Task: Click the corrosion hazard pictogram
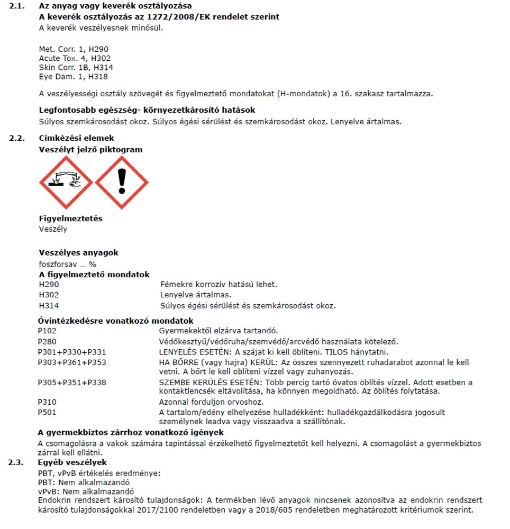pyautogui.click(x=66, y=183)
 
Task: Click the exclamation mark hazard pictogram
pyautogui.click(x=122, y=183)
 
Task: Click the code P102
pyautogui.click(x=47, y=331)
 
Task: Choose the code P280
pyautogui.click(x=47, y=342)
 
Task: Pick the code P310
pyautogui.click(x=47, y=402)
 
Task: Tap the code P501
pyautogui.click(x=47, y=412)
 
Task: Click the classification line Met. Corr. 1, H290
pyautogui.click(x=74, y=49)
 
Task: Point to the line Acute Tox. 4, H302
pyautogui.click(x=75, y=58)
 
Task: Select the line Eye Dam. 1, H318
pyautogui.click(x=73, y=77)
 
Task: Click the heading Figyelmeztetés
pyautogui.click(x=71, y=218)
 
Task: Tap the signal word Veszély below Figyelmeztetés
pyautogui.click(x=53, y=229)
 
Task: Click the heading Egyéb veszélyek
pyautogui.click(x=72, y=462)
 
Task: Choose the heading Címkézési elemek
pyautogui.click(x=76, y=138)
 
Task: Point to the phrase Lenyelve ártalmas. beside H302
pyautogui.click(x=196, y=295)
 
